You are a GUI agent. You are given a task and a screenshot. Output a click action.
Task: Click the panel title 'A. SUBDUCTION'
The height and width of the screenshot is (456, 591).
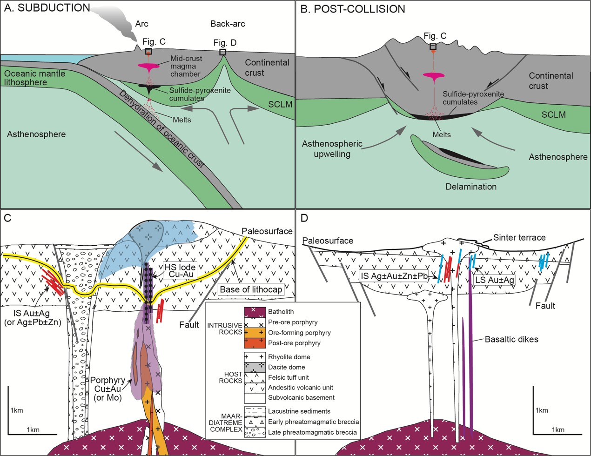coord(47,8)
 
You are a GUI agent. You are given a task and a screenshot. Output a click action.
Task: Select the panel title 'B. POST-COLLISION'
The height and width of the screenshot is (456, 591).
coord(353,9)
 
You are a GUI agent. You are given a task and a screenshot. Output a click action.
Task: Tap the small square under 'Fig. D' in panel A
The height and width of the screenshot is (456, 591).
coord(223,52)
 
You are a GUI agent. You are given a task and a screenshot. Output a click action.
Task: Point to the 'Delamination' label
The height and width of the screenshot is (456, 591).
coord(470,187)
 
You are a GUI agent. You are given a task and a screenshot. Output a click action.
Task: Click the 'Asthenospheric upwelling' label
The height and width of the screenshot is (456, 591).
coord(332,149)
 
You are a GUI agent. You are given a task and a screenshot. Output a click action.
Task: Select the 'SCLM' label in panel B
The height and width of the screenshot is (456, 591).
coord(553,114)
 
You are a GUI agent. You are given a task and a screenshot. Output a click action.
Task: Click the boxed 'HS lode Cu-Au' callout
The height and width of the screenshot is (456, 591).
coord(180,271)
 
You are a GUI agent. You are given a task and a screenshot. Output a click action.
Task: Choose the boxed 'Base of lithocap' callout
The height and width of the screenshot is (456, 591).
coord(251,289)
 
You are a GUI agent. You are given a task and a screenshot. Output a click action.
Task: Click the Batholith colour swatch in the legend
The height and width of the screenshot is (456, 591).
coord(255,311)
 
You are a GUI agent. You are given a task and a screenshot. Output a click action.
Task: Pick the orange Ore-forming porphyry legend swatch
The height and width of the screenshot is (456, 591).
coord(255,333)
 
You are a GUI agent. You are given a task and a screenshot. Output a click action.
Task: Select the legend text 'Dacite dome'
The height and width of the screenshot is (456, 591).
coord(286,367)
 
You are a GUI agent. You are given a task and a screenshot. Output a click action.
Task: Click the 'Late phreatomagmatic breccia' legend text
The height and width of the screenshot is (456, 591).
coord(313,432)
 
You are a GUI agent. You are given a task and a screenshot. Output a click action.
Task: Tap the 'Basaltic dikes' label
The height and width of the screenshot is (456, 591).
coord(511,339)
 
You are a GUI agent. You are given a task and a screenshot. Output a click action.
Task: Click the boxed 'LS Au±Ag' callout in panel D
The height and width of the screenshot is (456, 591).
coord(494,280)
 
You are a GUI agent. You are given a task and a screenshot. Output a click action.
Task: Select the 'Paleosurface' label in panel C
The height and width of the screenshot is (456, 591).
coord(267,231)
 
